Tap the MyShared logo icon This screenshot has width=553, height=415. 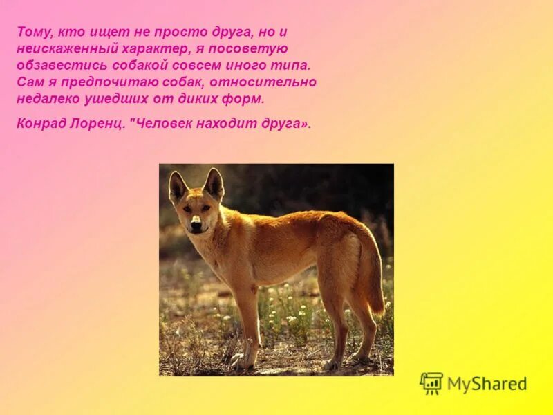(431, 383)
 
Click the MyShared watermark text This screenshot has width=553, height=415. (487, 384)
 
